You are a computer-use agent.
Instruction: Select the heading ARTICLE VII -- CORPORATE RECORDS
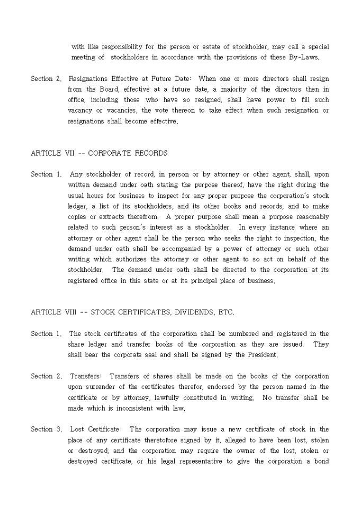click(99, 153)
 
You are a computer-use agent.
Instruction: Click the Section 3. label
click(46, 429)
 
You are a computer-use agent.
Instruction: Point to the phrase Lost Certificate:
click(96, 429)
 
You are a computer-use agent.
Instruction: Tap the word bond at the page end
click(321, 461)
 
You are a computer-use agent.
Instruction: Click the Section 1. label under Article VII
click(46, 174)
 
